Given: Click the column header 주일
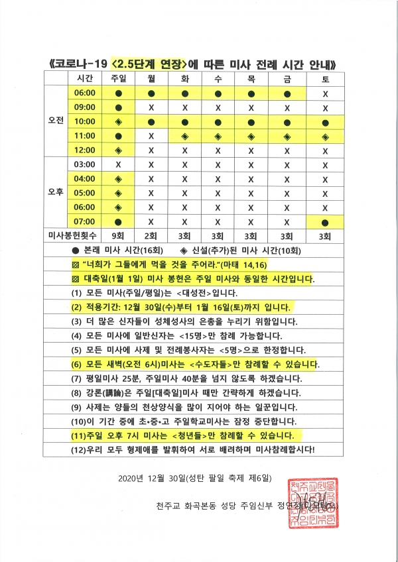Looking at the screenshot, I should click(x=118, y=78).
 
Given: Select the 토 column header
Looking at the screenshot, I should click(x=325, y=78).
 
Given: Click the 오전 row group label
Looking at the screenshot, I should click(x=56, y=121).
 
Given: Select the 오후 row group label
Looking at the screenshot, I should click(x=56, y=193).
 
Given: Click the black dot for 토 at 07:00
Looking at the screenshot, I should click(x=325, y=221).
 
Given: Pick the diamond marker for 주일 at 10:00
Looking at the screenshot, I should click(x=118, y=121).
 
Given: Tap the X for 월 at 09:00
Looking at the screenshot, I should click(x=151, y=107).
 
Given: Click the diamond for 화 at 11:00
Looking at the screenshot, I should click(x=185, y=136).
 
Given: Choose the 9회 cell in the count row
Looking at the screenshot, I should click(x=118, y=235).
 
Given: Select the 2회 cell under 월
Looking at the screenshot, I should click(x=151, y=235).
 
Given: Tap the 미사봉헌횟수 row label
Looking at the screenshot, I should click(x=70, y=235).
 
